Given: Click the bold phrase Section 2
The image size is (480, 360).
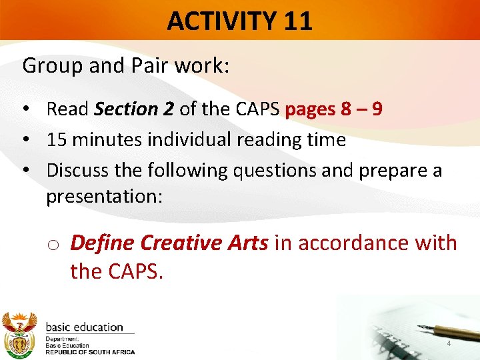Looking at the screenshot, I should pyautogui.click(x=135, y=109).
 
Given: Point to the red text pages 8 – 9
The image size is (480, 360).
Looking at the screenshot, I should pyautogui.click(x=333, y=109).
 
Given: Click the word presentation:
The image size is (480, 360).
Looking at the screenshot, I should pyautogui.click(x=104, y=197).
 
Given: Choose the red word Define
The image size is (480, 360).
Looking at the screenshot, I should pyautogui.click(x=101, y=243).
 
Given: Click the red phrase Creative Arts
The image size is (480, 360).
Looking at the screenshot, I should pyautogui.click(x=203, y=243).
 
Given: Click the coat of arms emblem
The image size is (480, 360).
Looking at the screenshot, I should pyautogui.click(x=19, y=333).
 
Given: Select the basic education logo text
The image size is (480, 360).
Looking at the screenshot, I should pyautogui.click(x=85, y=327).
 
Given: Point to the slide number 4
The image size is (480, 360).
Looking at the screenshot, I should pyautogui.click(x=449, y=343).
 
